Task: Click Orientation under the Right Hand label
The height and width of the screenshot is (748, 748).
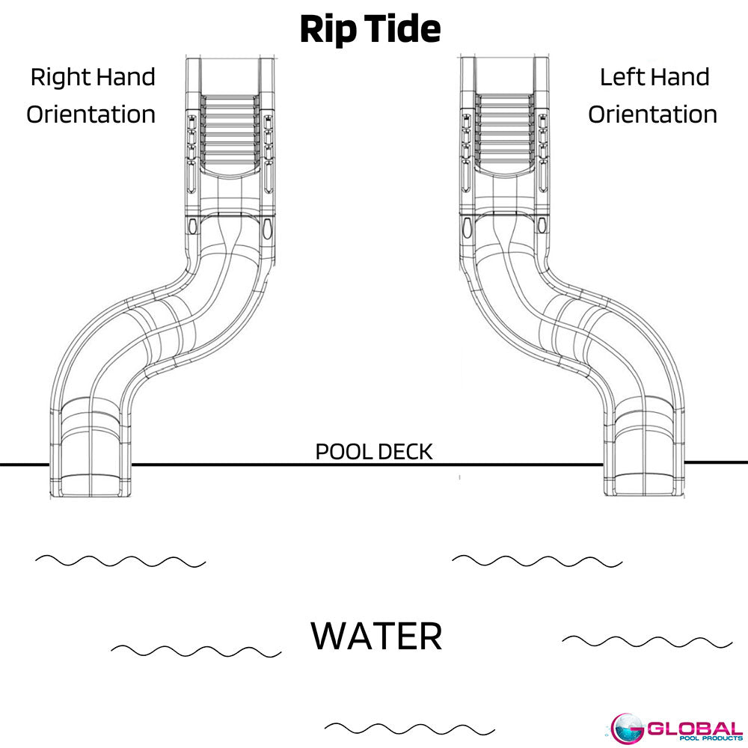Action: pos(91,114)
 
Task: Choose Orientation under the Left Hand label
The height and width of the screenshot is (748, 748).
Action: pos(652,114)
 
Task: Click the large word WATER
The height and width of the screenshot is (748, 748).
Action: pos(376,636)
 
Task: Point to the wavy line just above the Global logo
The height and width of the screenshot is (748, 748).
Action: pos(647,642)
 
